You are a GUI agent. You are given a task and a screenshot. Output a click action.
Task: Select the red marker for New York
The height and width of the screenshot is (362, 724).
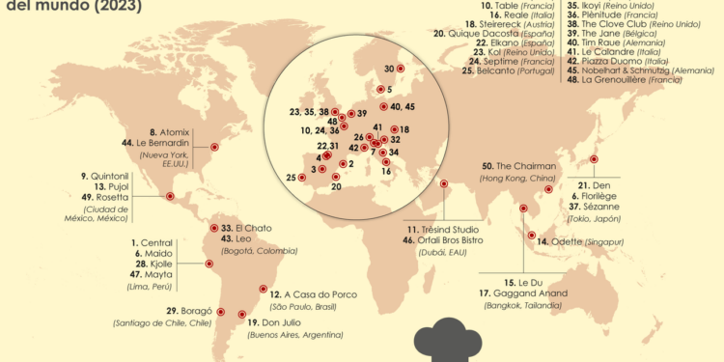point(214,148)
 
